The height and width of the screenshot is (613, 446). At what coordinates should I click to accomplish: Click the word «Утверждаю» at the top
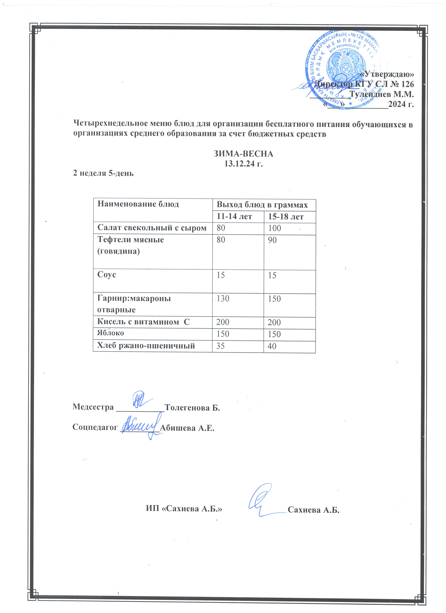(387, 74)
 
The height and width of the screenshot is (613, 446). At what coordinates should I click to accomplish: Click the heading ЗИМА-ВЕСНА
(244, 154)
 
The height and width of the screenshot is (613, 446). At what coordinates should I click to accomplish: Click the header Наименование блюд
(138, 204)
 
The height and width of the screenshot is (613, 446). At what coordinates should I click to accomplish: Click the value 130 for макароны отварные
(223, 298)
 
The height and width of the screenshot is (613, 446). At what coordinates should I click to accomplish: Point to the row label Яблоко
(110, 333)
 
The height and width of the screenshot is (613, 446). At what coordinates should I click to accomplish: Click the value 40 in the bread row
(272, 346)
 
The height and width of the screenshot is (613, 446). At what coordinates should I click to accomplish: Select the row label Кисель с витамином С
(143, 322)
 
